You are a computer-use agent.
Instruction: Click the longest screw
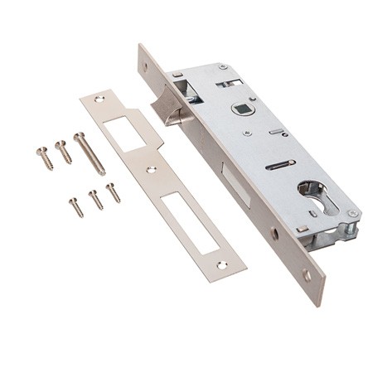89,153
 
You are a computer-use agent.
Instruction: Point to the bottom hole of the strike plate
221,264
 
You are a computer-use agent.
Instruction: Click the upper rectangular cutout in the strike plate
124,133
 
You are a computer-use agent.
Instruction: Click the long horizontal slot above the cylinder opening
280,165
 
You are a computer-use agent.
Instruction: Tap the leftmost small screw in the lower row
76,207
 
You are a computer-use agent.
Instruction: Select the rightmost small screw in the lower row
113,192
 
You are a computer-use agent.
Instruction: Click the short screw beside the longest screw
64,152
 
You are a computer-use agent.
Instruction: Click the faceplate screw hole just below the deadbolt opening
274,234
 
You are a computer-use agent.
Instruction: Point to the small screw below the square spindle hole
247,129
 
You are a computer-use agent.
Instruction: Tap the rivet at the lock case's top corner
222,67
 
